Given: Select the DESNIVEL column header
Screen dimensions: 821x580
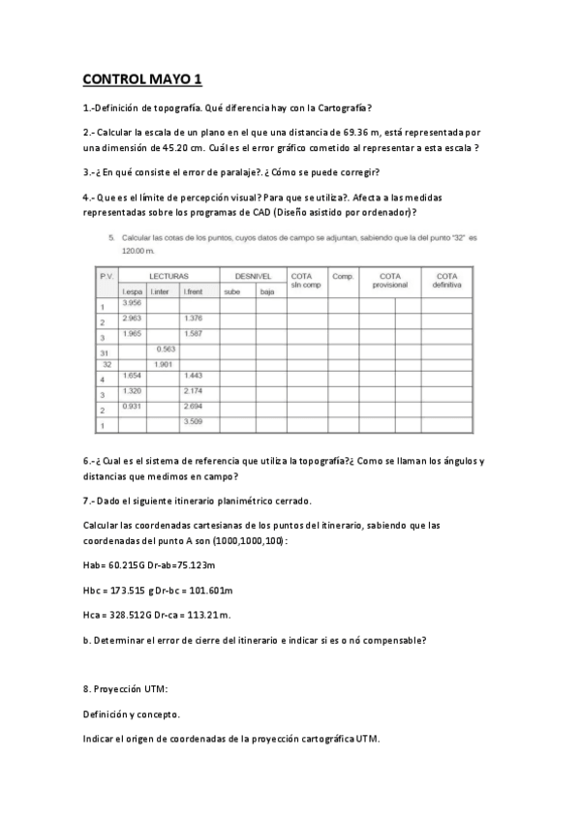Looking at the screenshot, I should (253, 276).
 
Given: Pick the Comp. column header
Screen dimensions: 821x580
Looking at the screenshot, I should (343, 276).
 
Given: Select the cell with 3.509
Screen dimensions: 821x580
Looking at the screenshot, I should (193, 421).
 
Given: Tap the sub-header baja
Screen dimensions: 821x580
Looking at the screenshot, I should (268, 290).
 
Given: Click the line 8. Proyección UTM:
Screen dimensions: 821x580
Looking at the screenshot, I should (126, 689).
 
